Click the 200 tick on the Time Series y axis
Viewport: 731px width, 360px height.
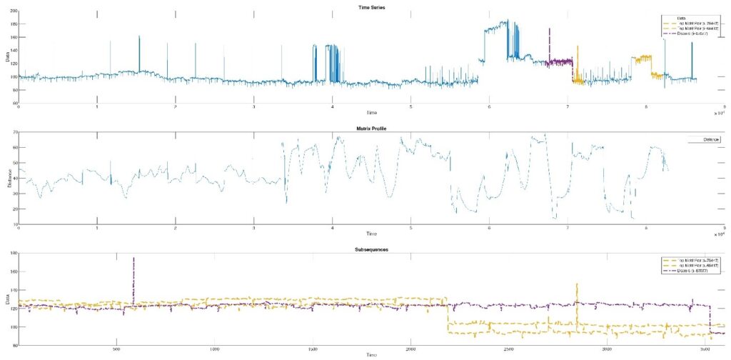(x=14, y=11)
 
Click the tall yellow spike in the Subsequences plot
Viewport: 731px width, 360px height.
(x=576, y=286)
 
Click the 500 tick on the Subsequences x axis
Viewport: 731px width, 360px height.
(x=116, y=350)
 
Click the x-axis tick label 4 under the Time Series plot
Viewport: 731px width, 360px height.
(x=332, y=107)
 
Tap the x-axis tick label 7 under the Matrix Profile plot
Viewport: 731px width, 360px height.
(x=568, y=229)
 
